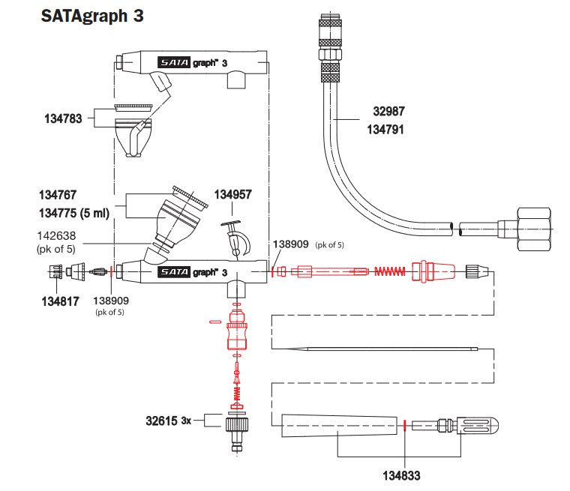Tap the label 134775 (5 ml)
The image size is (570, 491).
pyautogui.click(x=73, y=214)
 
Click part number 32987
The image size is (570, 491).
pyautogui.click(x=388, y=112)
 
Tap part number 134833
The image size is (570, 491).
pyautogui.click(x=404, y=475)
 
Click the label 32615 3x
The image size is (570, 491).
pyautogui.click(x=169, y=421)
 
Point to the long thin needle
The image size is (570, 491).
pyautogui.click(x=375, y=348)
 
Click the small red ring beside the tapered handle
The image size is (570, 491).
pyautogui.click(x=405, y=427)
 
